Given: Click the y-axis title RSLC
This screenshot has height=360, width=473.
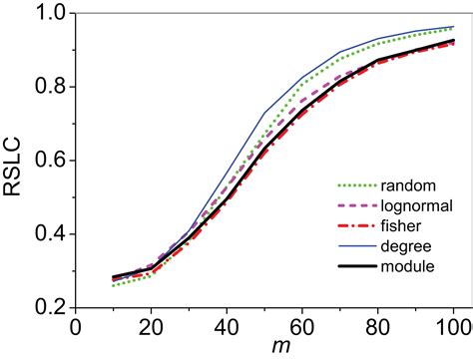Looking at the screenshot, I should [17, 161].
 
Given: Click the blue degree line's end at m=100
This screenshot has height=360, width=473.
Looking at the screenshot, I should [453, 27].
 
